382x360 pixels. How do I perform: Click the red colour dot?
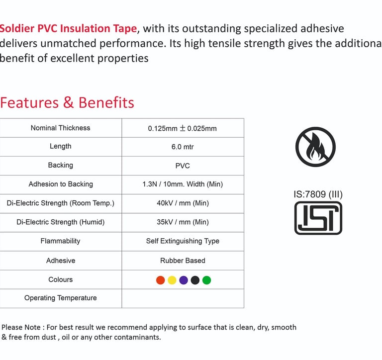pyautogui.click(x=160, y=280)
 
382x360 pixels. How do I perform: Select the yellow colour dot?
pyautogui.click(x=172, y=280)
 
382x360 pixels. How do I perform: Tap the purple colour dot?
pyautogui.click(x=184, y=280)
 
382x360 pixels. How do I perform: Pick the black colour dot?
pyautogui.click(x=195, y=280)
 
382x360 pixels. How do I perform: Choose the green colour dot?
pyautogui.click(x=206, y=280)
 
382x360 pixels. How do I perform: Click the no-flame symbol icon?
pyautogui.click(x=315, y=147)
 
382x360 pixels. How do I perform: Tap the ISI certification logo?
pyautogui.click(x=318, y=218)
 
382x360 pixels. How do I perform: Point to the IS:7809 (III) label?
pyautogui.click(x=318, y=194)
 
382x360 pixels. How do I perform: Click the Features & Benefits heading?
pyautogui.click(x=67, y=102)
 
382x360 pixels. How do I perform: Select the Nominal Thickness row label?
pyautogui.click(x=60, y=128)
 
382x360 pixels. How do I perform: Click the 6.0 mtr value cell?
pyautogui.click(x=183, y=147)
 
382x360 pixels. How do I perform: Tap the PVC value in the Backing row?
pyautogui.click(x=183, y=166)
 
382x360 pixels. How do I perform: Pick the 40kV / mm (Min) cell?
pyautogui.click(x=183, y=203)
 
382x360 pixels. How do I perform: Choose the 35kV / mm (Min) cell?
pyautogui.click(x=183, y=222)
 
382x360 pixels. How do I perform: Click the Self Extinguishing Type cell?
pyautogui.click(x=183, y=241)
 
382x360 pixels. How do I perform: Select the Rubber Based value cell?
pyautogui.click(x=183, y=261)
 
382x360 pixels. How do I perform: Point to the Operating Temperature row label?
pyautogui.click(x=60, y=298)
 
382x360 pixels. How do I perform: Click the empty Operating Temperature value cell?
pyautogui.click(x=183, y=299)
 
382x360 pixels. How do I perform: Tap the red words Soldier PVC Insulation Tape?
pyautogui.click(x=68, y=29)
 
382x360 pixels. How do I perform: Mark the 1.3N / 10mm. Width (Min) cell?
pyautogui.click(x=183, y=184)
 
